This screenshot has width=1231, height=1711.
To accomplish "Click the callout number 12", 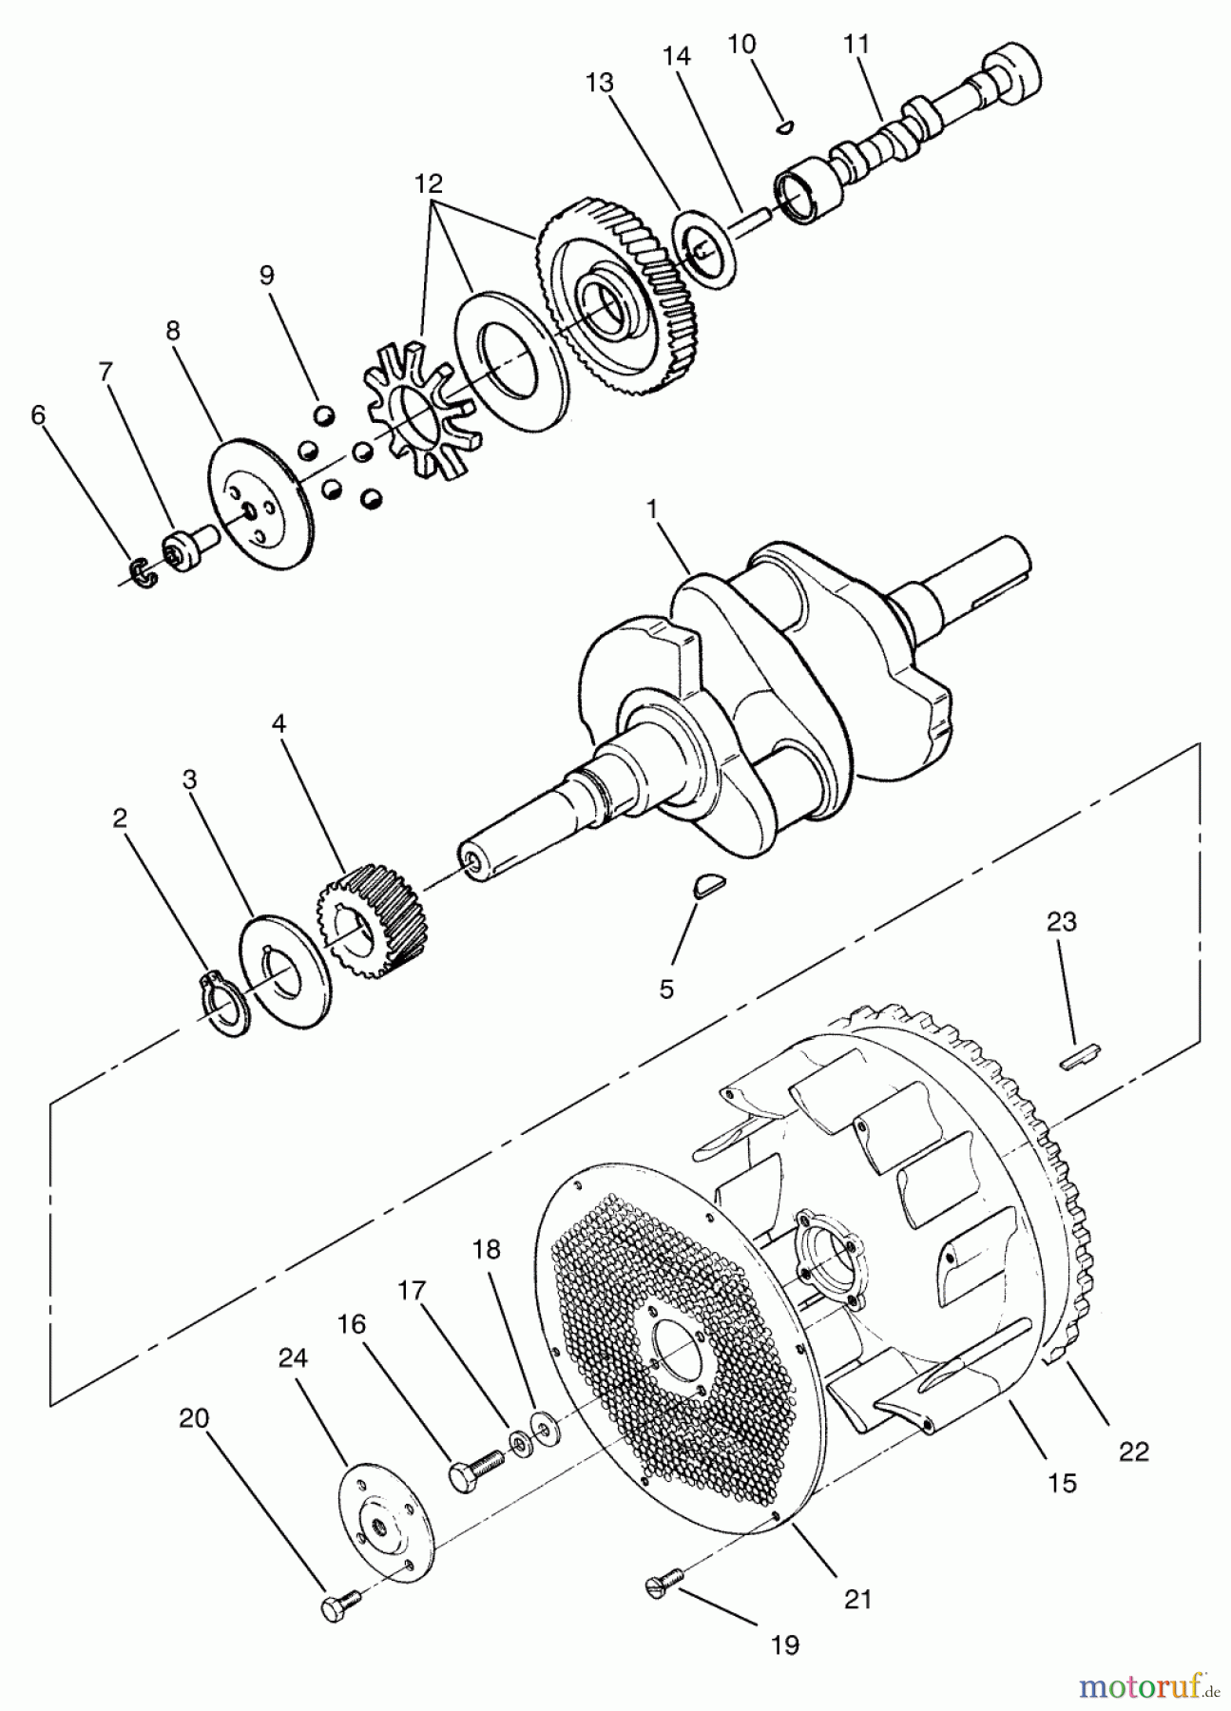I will tap(428, 183).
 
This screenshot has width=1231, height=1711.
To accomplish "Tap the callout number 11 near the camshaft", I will tap(856, 45).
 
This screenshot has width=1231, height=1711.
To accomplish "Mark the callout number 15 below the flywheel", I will tap(1062, 1482).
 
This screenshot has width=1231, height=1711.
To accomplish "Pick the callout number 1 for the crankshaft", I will tap(652, 509).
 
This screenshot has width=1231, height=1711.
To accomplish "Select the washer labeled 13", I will tap(704, 247).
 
